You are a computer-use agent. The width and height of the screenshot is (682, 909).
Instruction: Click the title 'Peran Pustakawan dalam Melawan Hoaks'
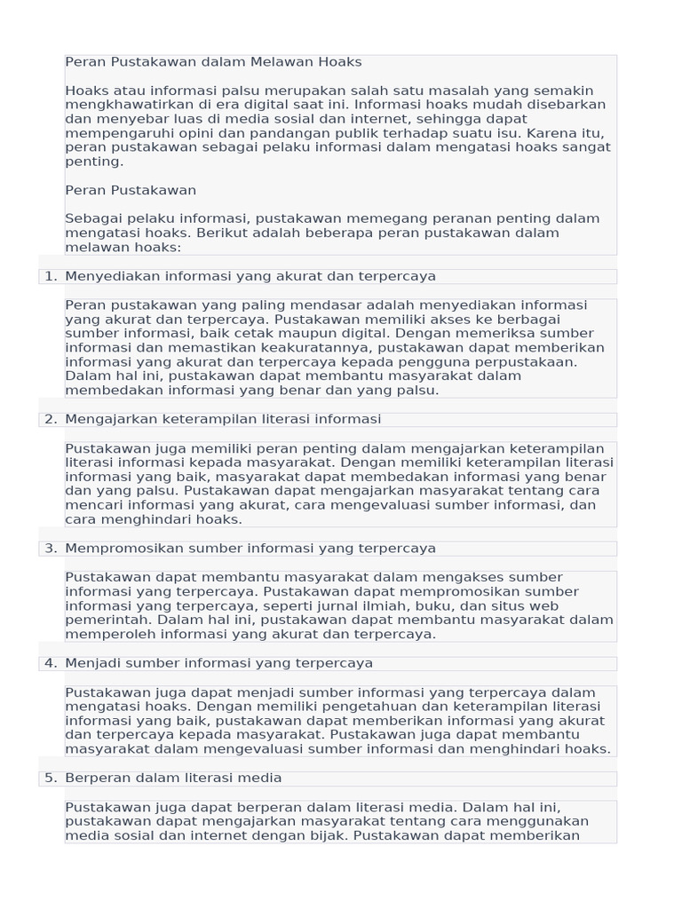click(213, 62)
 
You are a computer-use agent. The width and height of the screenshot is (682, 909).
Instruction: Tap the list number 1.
click(51, 276)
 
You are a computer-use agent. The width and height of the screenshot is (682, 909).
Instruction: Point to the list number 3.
click(51, 548)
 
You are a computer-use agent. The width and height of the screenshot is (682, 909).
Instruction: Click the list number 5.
click(51, 778)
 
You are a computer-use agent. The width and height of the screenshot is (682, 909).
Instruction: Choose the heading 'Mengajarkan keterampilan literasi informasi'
click(223, 419)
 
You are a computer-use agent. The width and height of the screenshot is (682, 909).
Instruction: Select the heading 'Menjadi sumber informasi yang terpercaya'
click(218, 663)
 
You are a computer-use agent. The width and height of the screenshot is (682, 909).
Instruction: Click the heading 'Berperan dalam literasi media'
click(173, 778)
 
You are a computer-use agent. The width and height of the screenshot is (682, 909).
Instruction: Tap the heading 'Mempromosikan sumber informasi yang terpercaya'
click(250, 548)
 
